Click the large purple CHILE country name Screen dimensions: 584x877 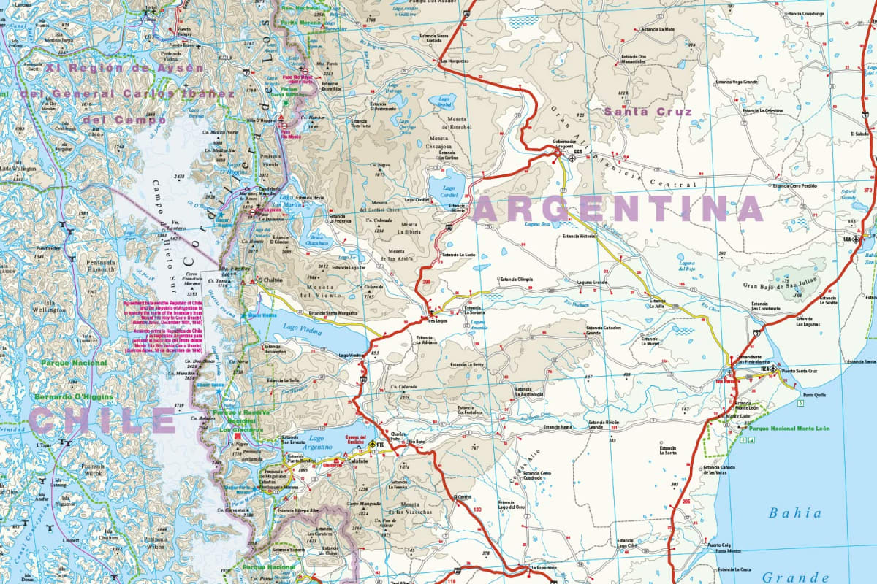pyautogui.click(x=102, y=420)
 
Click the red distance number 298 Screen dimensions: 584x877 pyautogui.click(x=425, y=280)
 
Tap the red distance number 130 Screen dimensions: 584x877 pyautogui.click(x=477, y=510)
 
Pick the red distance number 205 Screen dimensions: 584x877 pyautogui.click(x=685, y=502)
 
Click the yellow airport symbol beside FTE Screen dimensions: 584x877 pyautogui.click(x=371, y=445)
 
